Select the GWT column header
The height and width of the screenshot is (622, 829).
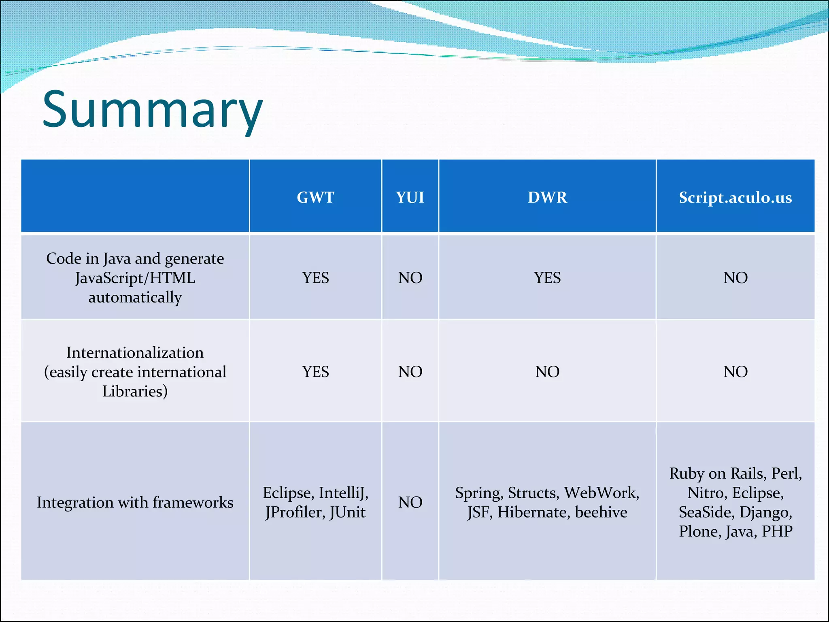tap(315, 198)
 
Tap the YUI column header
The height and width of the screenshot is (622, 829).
tap(410, 198)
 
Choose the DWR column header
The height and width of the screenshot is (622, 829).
tap(547, 198)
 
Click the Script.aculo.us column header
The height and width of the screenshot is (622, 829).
tap(735, 198)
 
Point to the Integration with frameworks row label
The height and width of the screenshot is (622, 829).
tap(135, 503)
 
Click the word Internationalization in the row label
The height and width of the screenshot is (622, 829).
tap(135, 353)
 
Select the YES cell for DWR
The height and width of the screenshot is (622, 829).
tap(547, 278)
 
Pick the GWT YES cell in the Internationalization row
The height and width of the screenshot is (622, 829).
tap(315, 372)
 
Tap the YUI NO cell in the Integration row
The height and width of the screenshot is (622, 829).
tap(410, 503)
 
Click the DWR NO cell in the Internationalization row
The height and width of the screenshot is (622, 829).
tap(547, 372)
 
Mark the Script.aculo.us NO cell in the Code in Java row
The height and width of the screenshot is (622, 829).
tap(735, 278)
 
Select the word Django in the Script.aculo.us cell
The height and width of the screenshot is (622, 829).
tap(765, 512)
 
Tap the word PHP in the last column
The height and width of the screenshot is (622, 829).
tap(777, 531)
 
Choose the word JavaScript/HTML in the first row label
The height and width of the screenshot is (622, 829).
tap(135, 278)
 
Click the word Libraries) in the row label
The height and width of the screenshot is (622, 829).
tap(135, 391)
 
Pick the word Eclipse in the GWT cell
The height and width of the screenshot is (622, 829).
tap(288, 493)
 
